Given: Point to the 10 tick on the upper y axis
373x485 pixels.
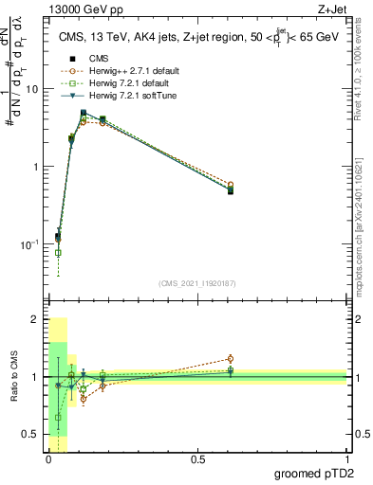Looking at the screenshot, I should coord(33,89).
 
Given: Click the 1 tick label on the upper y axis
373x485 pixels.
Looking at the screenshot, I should coord(36,167).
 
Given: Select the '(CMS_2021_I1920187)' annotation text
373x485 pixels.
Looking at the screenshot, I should coord(197,283).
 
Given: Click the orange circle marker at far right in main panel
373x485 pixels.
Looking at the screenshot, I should coord(230,185).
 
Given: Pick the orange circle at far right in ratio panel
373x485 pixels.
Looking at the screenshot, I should coord(230,359).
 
